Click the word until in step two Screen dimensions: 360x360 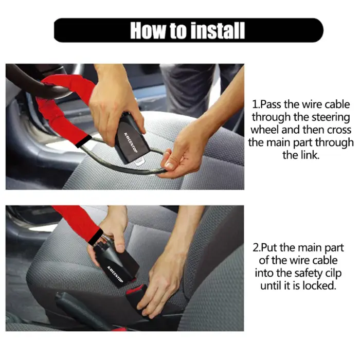[273, 285]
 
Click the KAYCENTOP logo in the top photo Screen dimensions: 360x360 [130, 137]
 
